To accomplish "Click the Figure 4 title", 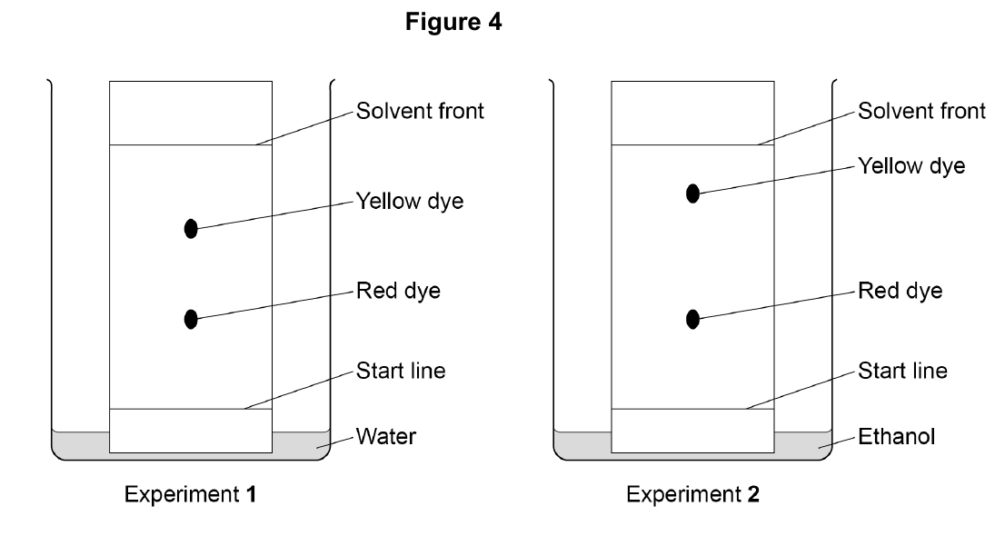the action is click(x=453, y=22).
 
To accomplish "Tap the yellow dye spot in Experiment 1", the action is click(x=191, y=228).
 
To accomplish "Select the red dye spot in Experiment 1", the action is click(x=191, y=319).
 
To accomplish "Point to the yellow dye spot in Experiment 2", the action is click(x=693, y=194).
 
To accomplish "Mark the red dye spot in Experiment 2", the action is click(x=693, y=319).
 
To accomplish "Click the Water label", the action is click(x=386, y=436).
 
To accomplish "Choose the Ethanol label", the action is click(x=896, y=436).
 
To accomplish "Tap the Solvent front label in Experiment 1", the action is click(x=420, y=111).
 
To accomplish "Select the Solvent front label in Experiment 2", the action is click(x=921, y=111).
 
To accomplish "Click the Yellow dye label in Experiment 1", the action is click(x=409, y=202).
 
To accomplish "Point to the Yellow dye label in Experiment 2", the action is click(x=911, y=166).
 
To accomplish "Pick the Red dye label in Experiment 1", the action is click(x=398, y=291).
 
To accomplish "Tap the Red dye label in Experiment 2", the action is click(x=900, y=291).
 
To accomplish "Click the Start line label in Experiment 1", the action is click(x=401, y=371).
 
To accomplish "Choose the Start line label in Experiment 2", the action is click(x=902, y=371).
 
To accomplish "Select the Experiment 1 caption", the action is click(x=191, y=494).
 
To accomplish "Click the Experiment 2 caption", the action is click(x=692, y=494).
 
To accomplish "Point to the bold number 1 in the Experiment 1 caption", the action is click(x=252, y=494).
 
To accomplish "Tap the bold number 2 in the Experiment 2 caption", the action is click(x=753, y=494).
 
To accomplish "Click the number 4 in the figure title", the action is click(x=494, y=22).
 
